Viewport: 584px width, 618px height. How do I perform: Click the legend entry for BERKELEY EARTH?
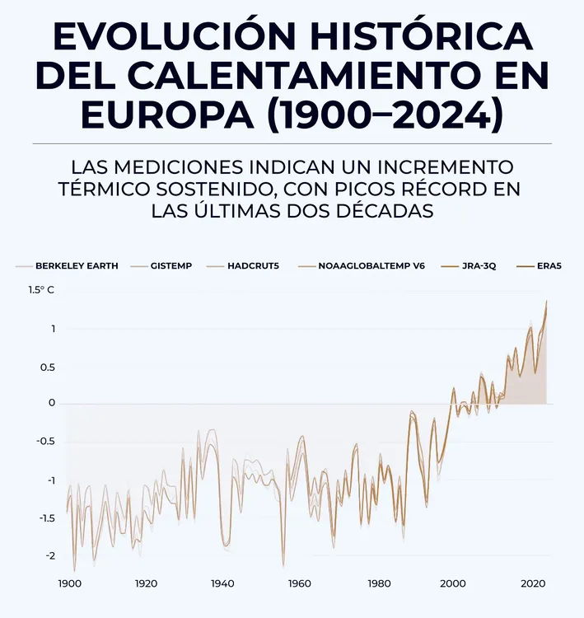pyautogui.click(x=77, y=266)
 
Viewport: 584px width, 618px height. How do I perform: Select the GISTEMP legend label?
pyautogui.click(x=171, y=266)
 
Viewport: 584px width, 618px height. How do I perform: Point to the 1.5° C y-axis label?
pyautogui.click(x=40, y=290)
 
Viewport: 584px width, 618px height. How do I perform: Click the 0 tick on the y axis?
pyautogui.click(x=51, y=404)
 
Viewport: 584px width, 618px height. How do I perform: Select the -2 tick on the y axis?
pyautogui.click(x=49, y=556)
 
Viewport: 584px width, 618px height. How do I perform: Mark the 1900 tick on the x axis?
pyautogui.click(x=69, y=583)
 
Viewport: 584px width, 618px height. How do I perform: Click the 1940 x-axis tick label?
pyautogui.click(x=222, y=583)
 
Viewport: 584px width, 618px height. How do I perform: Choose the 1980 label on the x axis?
pyautogui.click(x=379, y=583)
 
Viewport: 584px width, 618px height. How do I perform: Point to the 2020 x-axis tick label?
pyautogui.click(x=530, y=583)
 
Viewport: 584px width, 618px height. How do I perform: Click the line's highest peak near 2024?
pyautogui.click(x=546, y=302)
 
